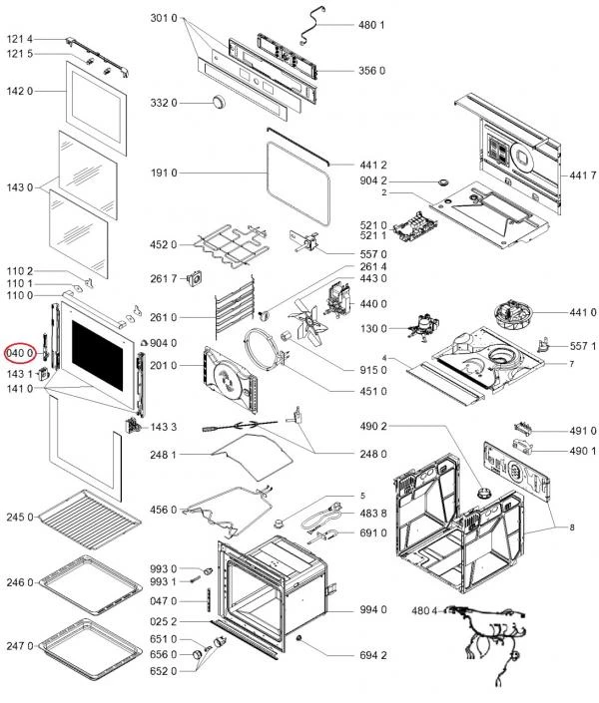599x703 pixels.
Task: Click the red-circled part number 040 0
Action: pos(20,352)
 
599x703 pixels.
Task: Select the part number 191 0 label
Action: pos(164,174)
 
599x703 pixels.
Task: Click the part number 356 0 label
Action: pos(372,71)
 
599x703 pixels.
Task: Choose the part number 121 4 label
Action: pos(21,38)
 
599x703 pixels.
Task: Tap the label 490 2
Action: pos(372,427)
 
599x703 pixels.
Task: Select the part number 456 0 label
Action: pos(164,511)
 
